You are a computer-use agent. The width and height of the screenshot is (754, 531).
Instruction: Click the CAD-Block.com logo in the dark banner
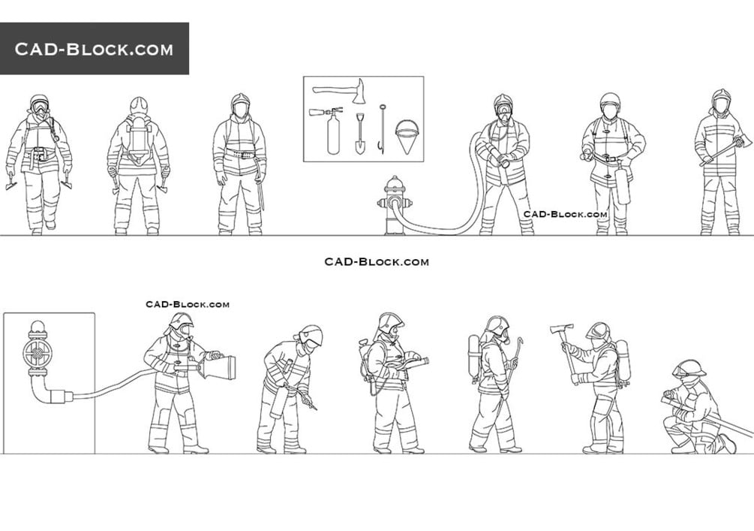point(94,49)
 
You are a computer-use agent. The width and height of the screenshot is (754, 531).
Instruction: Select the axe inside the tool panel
point(339,91)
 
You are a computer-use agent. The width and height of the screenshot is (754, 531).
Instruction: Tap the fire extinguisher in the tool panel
point(328,130)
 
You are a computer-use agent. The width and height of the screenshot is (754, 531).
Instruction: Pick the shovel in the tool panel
point(359,134)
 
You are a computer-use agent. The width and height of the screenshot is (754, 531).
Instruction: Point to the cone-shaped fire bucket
point(407,136)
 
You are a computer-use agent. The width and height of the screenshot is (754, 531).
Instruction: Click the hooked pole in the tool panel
point(383,129)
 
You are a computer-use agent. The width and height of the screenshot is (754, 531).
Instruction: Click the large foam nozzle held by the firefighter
point(219,368)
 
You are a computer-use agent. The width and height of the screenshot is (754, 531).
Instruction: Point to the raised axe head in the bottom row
point(562,329)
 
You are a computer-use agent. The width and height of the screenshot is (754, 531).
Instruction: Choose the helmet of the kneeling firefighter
point(689,368)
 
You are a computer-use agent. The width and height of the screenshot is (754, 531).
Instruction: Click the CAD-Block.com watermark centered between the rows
point(377,262)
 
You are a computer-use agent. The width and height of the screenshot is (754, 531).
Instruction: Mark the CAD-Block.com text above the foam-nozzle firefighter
point(188,304)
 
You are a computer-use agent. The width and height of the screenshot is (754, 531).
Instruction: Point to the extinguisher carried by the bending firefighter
point(278,402)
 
